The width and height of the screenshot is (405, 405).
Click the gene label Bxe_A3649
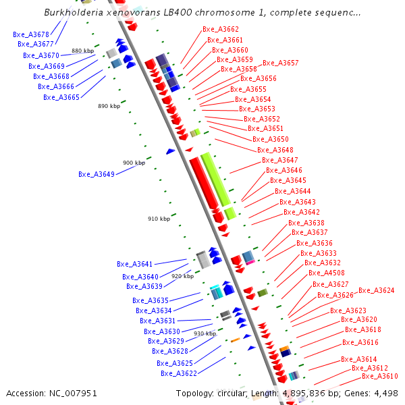point(97,174)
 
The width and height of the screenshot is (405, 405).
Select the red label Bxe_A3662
point(221,30)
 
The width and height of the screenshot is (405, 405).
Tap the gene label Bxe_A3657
point(280,63)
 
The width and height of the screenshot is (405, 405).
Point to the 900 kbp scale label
point(134,163)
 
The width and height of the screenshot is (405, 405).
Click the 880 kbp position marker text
point(82,51)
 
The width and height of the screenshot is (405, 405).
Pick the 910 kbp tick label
point(159,219)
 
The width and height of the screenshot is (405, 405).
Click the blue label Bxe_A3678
point(31,34)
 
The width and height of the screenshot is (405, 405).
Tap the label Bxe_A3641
point(135,264)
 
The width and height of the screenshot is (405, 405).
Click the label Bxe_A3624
point(377,290)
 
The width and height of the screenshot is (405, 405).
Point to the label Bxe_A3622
point(179,373)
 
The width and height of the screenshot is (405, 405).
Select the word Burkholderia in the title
point(72,12)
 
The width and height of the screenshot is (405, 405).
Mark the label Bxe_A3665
point(61,97)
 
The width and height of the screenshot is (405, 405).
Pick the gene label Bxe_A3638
point(306,223)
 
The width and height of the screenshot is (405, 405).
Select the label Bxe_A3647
point(279,160)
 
